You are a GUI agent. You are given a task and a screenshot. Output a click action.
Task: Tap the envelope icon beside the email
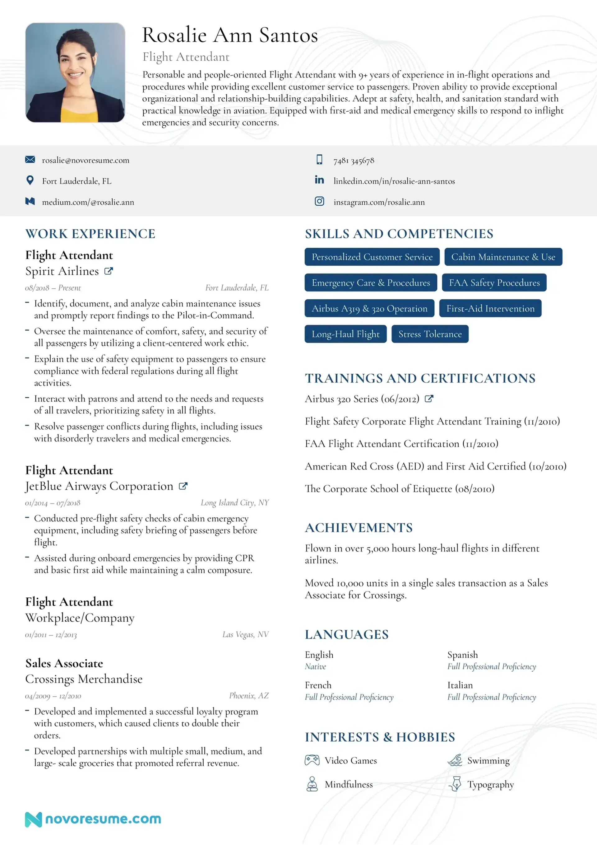click(x=30, y=159)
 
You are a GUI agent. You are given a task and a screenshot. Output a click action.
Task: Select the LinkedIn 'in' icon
click(x=319, y=180)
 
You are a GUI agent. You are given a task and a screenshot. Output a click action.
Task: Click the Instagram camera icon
click(x=319, y=201)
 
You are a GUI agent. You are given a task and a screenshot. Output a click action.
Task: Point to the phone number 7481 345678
click(x=354, y=161)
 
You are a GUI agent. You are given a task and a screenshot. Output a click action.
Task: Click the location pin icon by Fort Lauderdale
click(x=30, y=180)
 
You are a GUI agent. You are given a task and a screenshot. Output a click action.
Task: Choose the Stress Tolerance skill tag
click(x=430, y=334)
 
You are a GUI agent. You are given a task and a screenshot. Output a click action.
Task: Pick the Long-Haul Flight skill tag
click(x=345, y=334)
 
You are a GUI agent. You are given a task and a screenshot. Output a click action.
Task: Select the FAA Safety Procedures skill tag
click(x=494, y=282)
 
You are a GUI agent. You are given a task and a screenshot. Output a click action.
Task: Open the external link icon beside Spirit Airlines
click(x=109, y=271)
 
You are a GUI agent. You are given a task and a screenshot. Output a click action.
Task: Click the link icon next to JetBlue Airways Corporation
click(x=183, y=486)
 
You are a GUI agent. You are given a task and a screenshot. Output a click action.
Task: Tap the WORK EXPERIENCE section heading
click(x=90, y=234)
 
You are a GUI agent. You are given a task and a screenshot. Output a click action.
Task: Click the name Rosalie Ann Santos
click(x=230, y=35)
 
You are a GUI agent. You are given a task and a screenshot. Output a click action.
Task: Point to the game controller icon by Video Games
click(x=312, y=760)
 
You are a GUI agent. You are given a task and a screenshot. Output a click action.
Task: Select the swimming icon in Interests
click(x=455, y=760)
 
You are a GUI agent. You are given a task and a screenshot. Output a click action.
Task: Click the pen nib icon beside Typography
click(x=456, y=784)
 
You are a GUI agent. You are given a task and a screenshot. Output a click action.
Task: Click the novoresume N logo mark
click(x=33, y=819)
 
